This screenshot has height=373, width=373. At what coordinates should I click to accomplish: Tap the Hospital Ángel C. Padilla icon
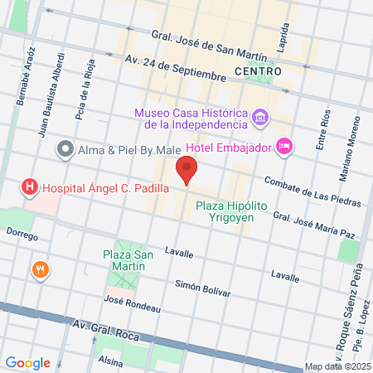tap(30, 187)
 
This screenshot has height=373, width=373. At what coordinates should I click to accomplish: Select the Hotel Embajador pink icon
tap(284, 147)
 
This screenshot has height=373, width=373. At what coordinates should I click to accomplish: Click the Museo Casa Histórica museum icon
tap(260, 118)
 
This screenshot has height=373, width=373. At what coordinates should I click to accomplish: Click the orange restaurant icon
tap(39, 269)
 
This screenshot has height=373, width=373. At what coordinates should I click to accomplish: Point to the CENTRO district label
tap(258, 71)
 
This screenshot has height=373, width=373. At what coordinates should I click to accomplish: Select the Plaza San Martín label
tap(128, 260)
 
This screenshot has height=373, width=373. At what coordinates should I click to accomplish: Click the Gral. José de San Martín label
tap(209, 46)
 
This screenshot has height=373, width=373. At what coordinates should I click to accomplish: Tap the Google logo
tap(28, 362)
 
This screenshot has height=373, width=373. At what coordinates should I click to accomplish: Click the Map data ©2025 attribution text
tap(337, 366)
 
